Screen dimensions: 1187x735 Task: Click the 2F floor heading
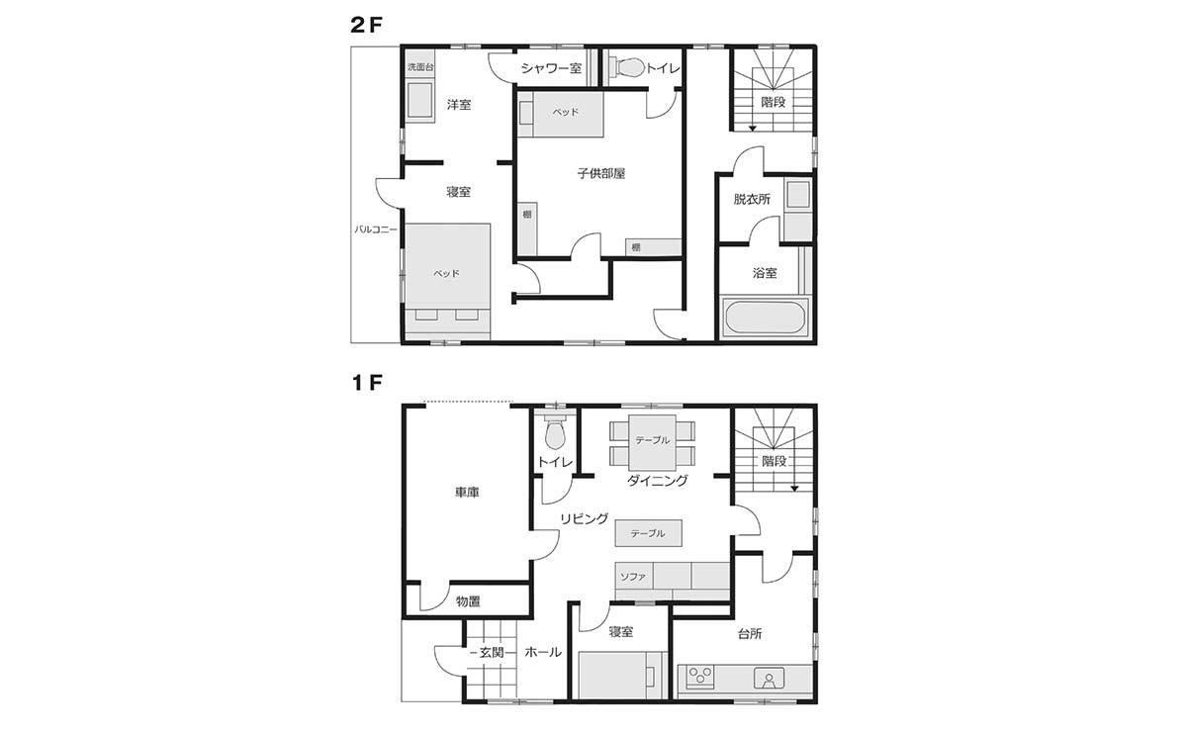point(366,25)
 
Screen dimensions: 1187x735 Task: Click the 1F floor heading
point(367,382)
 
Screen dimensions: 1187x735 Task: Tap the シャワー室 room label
point(551,68)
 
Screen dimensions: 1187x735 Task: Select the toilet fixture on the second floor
point(627,67)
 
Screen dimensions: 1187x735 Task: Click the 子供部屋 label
point(601,173)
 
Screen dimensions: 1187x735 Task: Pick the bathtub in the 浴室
point(765,317)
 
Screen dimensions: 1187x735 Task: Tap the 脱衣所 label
point(752,199)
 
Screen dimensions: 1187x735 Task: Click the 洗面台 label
point(420,67)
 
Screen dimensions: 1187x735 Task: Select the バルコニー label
point(376,230)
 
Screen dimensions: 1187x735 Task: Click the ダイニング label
point(657,480)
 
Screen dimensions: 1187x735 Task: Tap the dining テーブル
point(652,442)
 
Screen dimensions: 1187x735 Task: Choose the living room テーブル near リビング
point(648,533)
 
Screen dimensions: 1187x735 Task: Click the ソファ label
point(633,576)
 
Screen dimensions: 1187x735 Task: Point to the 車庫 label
point(467,493)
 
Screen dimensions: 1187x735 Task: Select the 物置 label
point(468,601)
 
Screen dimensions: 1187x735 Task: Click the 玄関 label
point(492,652)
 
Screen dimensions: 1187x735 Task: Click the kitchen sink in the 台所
point(769,679)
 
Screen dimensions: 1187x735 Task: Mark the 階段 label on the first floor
point(774,461)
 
